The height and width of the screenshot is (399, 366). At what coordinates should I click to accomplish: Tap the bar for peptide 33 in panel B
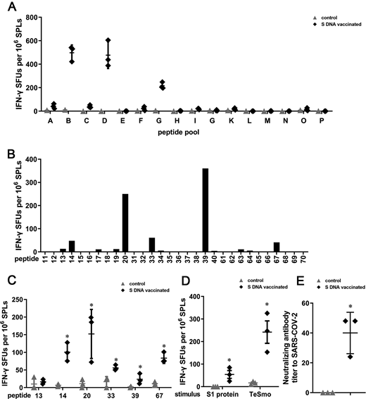click(x=152, y=244)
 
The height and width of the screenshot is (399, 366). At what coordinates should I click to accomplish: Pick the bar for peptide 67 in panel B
click(x=277, y=247)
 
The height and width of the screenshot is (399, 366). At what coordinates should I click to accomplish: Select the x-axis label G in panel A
click(x=157, y=121)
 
